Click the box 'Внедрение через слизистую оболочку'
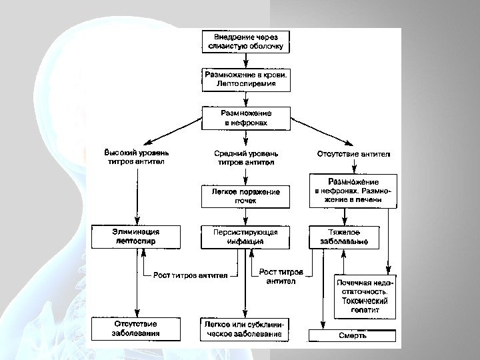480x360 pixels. click(246, 41)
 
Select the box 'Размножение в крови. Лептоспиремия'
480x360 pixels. click(246, 80)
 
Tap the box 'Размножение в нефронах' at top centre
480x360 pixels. click(246, 118)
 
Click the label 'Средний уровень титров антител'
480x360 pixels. click(246, 157)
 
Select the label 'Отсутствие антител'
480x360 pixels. click(353, 154)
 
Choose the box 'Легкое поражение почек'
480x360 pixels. click(246, 196)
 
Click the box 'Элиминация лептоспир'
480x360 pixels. click(135, 237)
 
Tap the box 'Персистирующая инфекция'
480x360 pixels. click(246, 237)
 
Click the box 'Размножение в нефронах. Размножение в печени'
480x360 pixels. click(353, 190)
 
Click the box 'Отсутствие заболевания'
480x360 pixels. click(135, 329)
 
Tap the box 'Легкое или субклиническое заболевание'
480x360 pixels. click(246, 329)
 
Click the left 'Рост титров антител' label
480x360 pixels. click(191, 275)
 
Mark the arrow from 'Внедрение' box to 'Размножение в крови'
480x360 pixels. click(246, 59)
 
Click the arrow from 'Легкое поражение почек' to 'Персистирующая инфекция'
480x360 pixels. click(246, 216)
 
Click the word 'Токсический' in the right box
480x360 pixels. click(365, 301)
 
